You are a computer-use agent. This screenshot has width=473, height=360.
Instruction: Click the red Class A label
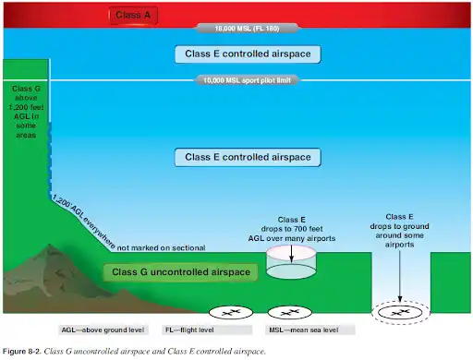point(137,16)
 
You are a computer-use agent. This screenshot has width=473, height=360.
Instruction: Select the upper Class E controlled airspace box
point(249,54)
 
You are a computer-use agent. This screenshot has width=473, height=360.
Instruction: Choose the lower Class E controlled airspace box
point(249,157)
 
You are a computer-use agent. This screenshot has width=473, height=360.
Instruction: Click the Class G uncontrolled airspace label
point(168,271)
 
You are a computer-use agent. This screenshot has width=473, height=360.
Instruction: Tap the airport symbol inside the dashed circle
point(401,314)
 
